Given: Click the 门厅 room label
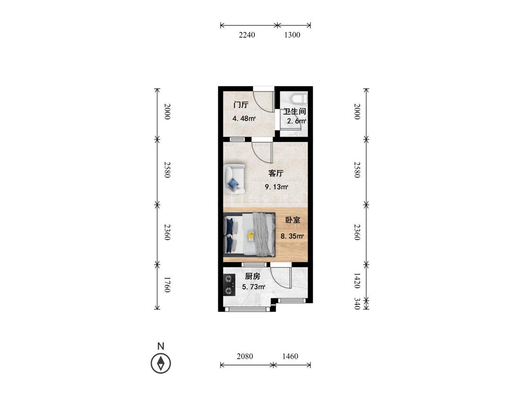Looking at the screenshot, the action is (241, 105).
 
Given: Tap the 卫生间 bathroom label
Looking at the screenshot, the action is (295, 111).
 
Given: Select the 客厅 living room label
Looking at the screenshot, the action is (276, 173).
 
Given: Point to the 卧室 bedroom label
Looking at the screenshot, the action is (293, 220).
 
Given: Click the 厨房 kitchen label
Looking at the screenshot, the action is (253, 276).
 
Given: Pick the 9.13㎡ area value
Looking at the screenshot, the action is (276, 187).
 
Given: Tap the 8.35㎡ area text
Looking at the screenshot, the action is (292, 236).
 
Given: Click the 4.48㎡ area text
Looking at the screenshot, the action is (244, 118).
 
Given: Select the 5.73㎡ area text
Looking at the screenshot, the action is (253, 287).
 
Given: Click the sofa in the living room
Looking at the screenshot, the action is (234, 179).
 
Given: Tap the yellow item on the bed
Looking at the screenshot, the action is (251, 236).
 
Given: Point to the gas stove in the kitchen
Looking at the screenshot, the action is (229, 285).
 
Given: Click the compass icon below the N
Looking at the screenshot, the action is (161, 364).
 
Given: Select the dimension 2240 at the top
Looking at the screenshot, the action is (247, 35).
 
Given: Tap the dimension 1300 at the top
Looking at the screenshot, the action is (292, 35).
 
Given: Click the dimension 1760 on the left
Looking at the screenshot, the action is (167, 285).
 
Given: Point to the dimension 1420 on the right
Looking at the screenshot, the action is (357, 281).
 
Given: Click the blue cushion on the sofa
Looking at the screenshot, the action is (233, 184).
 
